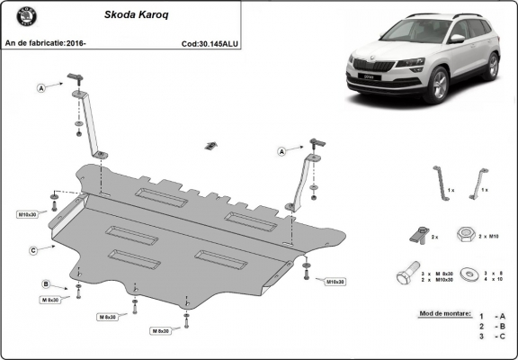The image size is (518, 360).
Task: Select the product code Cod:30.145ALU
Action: coord(210,41)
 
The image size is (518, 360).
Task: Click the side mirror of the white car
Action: coord(458,40)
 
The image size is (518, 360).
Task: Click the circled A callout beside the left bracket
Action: coord(41,88)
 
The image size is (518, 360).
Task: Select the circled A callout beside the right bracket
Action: coord(282,152)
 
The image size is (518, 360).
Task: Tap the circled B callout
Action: coord(46,284)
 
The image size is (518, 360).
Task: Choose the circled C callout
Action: coord(32,249)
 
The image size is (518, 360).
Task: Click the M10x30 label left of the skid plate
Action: coord(27,214)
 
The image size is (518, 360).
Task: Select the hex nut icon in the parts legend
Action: coord(465,234)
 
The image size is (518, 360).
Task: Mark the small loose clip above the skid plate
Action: coord(212,146)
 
